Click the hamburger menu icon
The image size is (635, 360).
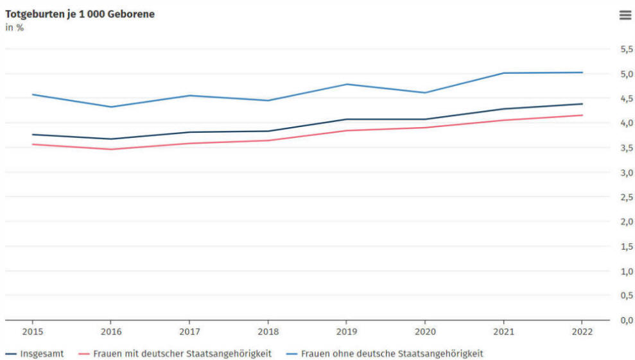625,15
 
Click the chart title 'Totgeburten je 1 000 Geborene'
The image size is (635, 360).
80,14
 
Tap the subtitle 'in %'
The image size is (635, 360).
15,28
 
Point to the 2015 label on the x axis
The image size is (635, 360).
32,332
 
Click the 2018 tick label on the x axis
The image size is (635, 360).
268,332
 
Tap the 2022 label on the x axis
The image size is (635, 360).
582,332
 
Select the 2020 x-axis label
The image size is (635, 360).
425,332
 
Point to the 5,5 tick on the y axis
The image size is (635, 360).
627,49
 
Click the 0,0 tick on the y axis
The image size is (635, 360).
627,320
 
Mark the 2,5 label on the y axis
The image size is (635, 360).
627,197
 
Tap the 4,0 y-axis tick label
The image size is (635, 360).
627,123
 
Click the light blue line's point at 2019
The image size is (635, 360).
346,84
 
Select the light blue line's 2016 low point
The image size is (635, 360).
111,107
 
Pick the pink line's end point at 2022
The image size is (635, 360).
582,116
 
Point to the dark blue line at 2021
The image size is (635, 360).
503,109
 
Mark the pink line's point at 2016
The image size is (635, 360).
111,150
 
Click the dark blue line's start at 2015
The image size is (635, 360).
32,135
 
